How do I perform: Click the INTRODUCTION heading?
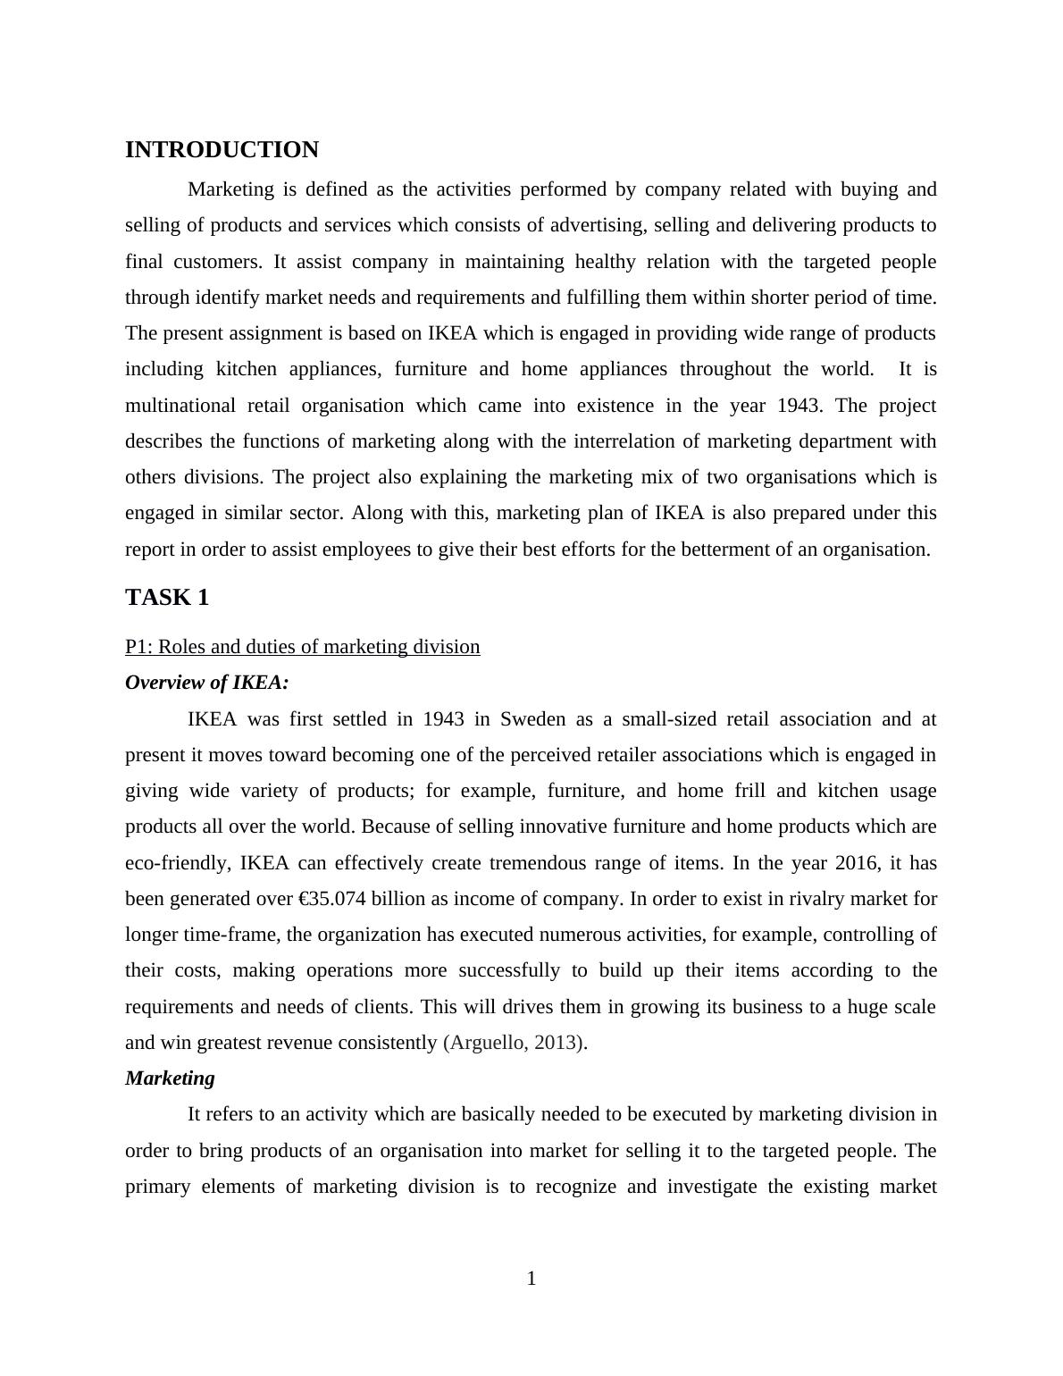[222, 150]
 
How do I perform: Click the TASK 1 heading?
[167, 598]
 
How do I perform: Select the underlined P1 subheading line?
[302, 647]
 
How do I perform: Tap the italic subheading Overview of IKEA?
[207, 683]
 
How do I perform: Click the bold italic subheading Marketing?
[170, 1078]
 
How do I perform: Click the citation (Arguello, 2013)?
[514, 1043]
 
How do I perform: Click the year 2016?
[856, 863]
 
